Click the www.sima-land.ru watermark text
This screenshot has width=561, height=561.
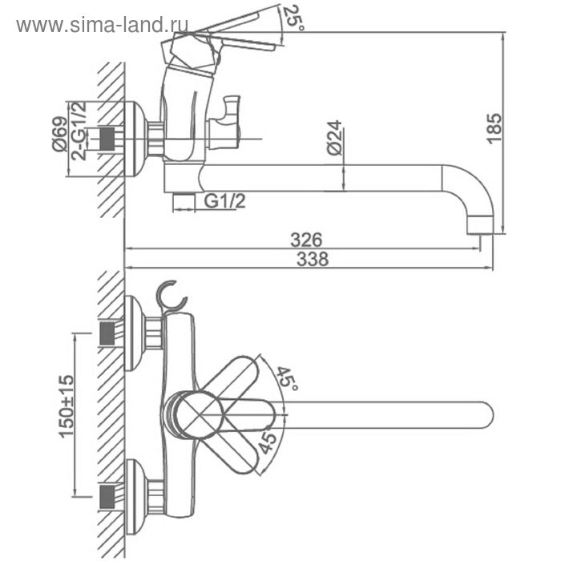(102, 26)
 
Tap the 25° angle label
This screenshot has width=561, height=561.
(293, 18)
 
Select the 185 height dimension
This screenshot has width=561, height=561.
(494, 128)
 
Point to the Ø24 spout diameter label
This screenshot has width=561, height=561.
(334, 138)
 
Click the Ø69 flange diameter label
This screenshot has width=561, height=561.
(60, 134)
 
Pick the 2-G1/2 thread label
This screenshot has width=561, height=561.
(79, 131)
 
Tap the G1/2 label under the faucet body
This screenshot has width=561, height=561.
(225, 201)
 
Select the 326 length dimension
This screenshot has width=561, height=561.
(306, 240)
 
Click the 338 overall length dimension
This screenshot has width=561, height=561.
(313, 259)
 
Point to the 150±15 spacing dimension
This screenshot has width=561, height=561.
(67, 406)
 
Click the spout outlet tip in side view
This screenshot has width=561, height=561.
(481, 225)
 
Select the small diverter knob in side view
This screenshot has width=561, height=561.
(225, 123)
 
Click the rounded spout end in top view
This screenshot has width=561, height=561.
(485, 415)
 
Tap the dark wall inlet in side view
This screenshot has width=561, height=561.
(107, 139)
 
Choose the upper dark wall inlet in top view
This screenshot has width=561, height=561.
(107, 334)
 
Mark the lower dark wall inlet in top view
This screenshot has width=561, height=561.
(107, 497)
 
